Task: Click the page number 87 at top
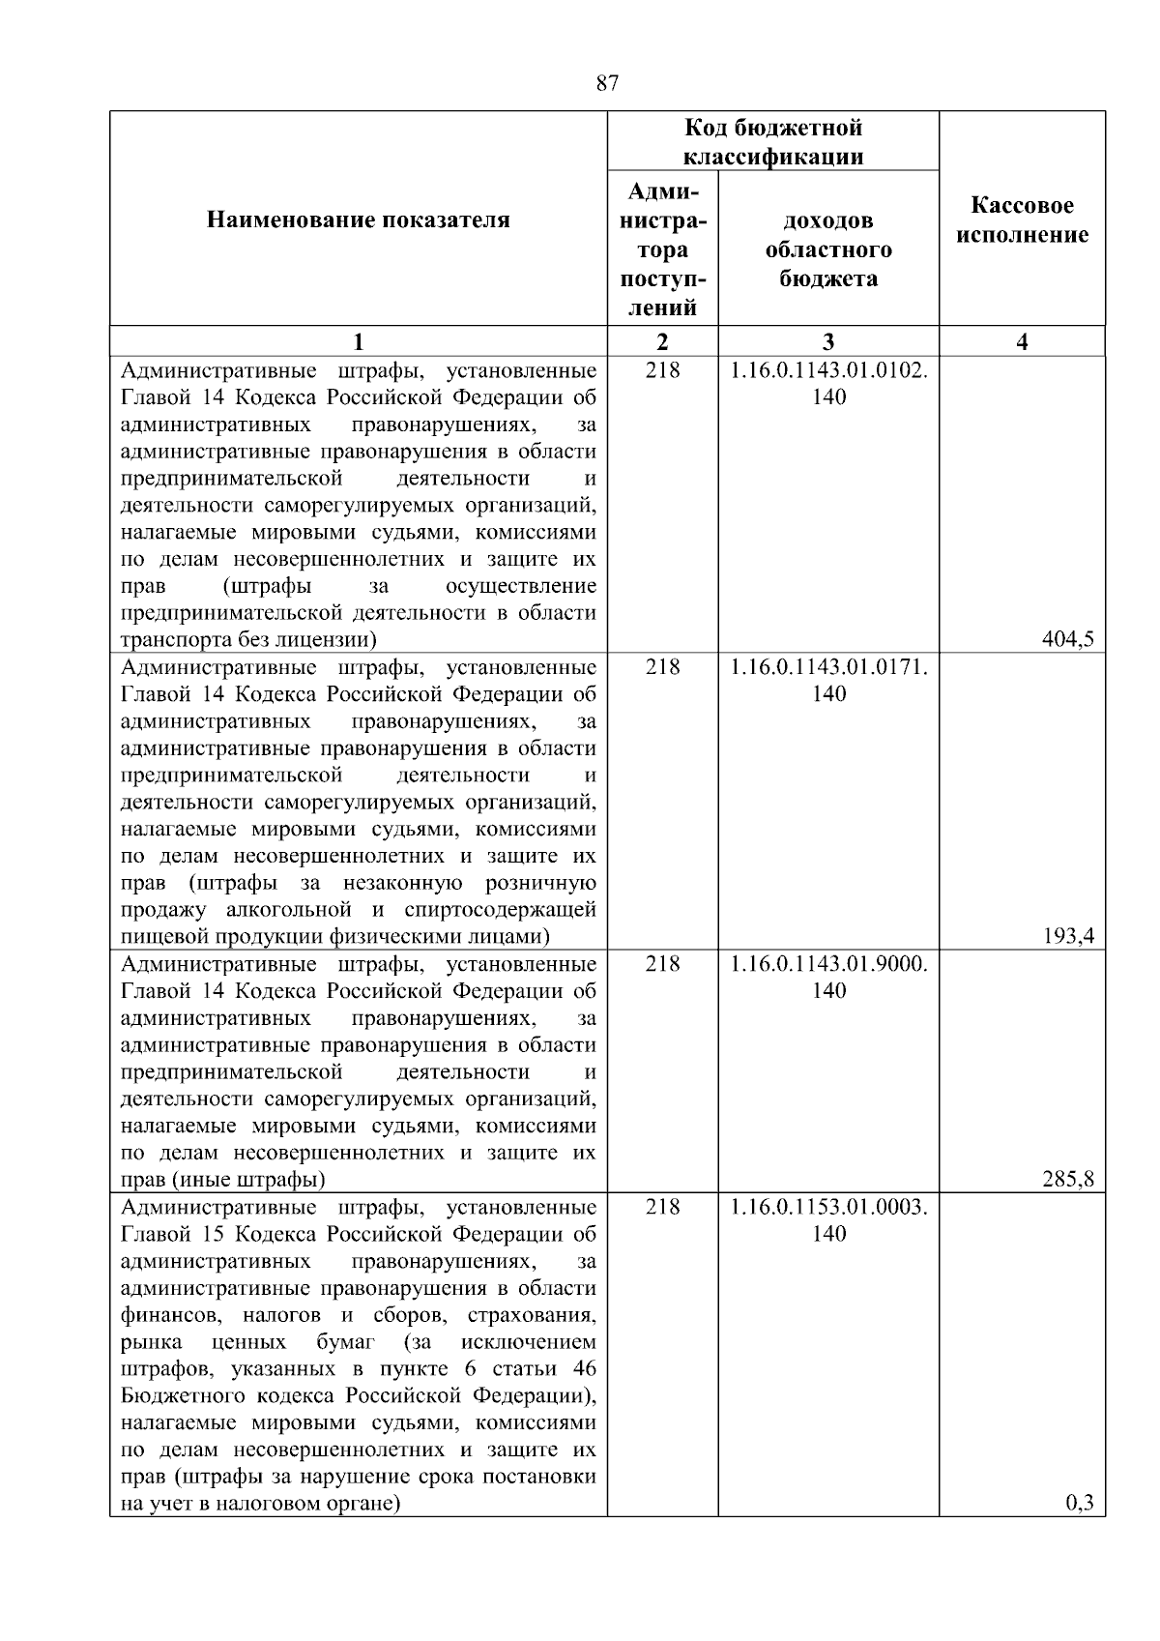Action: [x=607, y=83]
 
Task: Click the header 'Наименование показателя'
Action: [x=358, y=220]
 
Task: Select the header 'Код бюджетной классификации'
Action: [x=773, y=142]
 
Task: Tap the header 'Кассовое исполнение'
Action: [x=1022, y=220]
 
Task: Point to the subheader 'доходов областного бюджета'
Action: [x=828, y=249]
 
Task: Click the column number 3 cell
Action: [x=828, y=341]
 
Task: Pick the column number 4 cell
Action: [x=1022, y=341]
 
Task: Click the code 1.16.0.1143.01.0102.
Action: [x=828, y=370]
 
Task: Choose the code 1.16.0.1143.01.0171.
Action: [x=828, y=667]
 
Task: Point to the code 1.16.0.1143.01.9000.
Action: [x=828, y=964]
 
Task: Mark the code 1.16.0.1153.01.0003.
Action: [x=828, y=1207]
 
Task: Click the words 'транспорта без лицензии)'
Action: [x=248, y=639]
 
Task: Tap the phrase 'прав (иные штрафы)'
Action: [x=222, y=1180]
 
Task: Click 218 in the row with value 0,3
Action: [x=662, y=1207]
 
